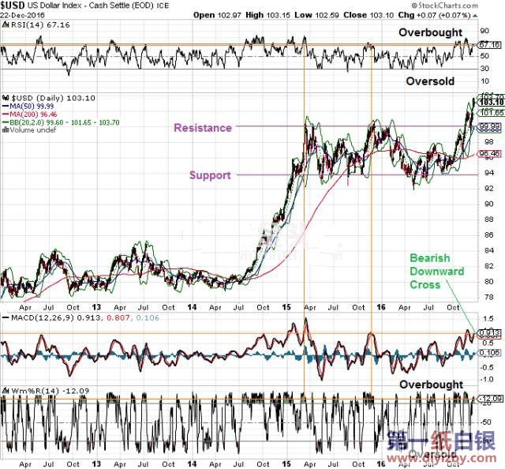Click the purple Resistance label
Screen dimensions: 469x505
pos(203,128)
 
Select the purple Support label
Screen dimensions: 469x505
pos(209,175)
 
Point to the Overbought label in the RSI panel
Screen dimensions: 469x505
pos(429,32)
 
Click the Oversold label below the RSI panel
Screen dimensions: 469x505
pos(431,81)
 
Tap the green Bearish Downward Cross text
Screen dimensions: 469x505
pos(436,271)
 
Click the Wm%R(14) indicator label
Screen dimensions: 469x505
pos(30,391)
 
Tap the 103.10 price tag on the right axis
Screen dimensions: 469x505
pos(491,103)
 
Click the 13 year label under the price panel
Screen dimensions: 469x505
pos(97,306)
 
